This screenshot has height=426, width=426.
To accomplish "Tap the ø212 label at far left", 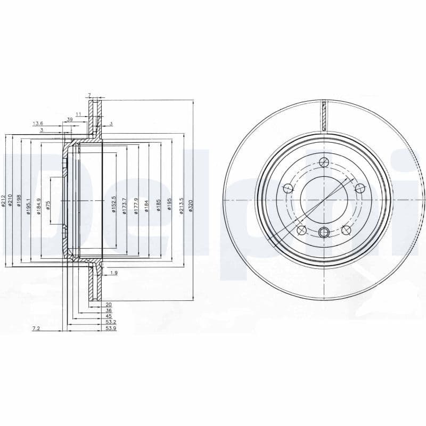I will (3, 201).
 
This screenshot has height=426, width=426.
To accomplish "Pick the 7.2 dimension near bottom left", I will (36, 329).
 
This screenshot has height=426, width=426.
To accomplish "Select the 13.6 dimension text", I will (37, 123).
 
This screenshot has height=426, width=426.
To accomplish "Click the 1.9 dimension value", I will (113, 273).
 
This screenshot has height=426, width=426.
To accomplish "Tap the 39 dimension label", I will (70, 119).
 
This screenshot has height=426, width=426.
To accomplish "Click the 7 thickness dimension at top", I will (89, 95).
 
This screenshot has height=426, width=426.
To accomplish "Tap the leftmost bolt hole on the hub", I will (288, 188).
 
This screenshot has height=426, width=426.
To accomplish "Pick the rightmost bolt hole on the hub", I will (359, 188).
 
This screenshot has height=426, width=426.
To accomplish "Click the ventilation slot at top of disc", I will (324, 114).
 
